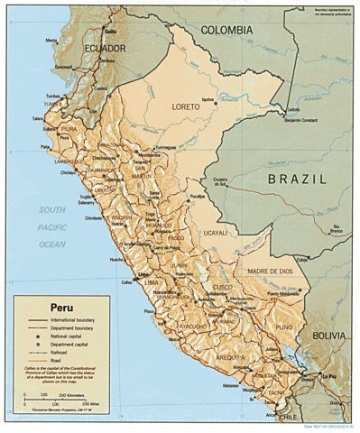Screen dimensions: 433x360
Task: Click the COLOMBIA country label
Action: [226, 30]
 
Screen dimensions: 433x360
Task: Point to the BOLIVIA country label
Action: [328, 334]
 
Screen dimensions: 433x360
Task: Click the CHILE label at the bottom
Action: [288, 418]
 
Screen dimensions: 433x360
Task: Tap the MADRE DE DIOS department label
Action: [272, 271]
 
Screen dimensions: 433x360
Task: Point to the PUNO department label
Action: [284, 327]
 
